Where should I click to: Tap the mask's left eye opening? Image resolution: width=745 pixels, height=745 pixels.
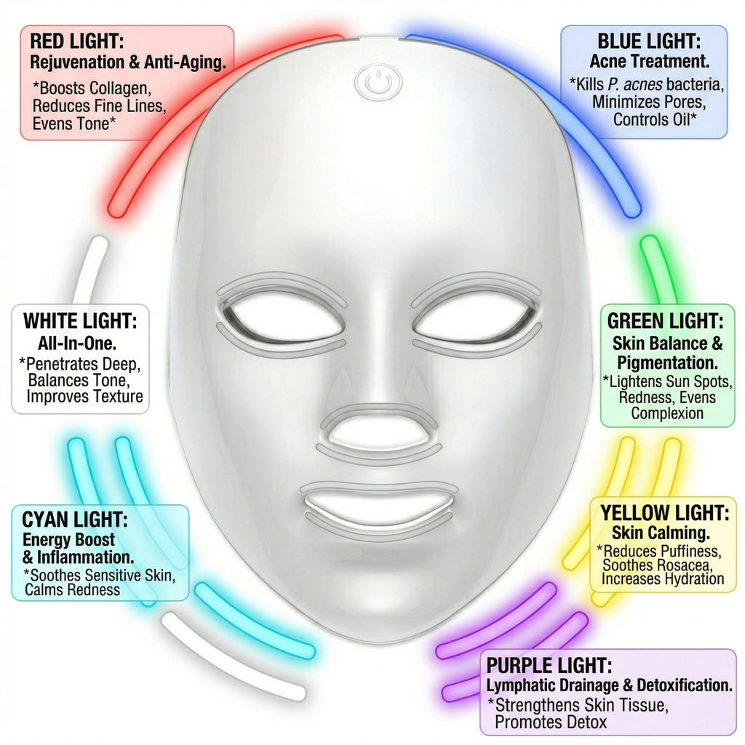click(x=284, y=315)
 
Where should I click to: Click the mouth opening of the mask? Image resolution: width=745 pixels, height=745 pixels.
click(x=378, y=506)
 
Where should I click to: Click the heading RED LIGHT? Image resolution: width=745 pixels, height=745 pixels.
click(x=77, y=41)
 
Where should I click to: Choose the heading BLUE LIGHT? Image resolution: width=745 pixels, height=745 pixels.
click(x=649, y=41)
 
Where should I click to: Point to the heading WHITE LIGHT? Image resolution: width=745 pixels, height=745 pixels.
click(x=80, y=321)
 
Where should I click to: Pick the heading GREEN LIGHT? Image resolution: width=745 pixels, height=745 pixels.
click(x=665, y=321)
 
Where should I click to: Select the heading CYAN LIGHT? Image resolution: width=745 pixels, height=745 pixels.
click(x=75, y=519)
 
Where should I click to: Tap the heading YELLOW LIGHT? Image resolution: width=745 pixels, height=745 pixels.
click(x=665, y=513)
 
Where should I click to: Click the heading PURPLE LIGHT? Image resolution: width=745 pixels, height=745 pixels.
click(x=549, y=666)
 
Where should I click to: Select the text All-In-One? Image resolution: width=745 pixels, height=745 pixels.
click(x=77, y=343)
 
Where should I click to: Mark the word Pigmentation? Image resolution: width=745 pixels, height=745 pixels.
click(x=667, y=363)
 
